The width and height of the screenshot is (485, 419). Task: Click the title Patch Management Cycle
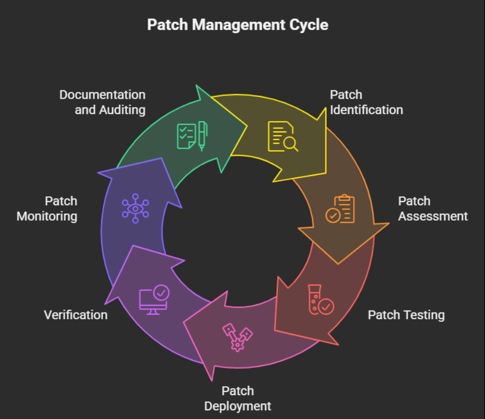click(237, 25)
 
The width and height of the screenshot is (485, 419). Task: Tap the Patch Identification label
click(366, 102)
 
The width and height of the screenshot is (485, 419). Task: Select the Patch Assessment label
click(433, 209)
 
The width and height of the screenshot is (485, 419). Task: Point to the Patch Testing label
click(406, 315)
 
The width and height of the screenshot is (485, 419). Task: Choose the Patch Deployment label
click(237, 398)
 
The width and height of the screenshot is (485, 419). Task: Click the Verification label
click(76, 315)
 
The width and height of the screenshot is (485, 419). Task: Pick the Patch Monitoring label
click(47, 209)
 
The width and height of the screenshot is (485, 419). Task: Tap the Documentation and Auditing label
click(103, 102)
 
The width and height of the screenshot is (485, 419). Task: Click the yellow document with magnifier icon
click(283, 136)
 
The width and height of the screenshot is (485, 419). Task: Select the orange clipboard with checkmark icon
click(340, 209)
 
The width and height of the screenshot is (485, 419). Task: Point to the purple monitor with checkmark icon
click(154, 300)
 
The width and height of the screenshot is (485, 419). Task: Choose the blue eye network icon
click(135, 208)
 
